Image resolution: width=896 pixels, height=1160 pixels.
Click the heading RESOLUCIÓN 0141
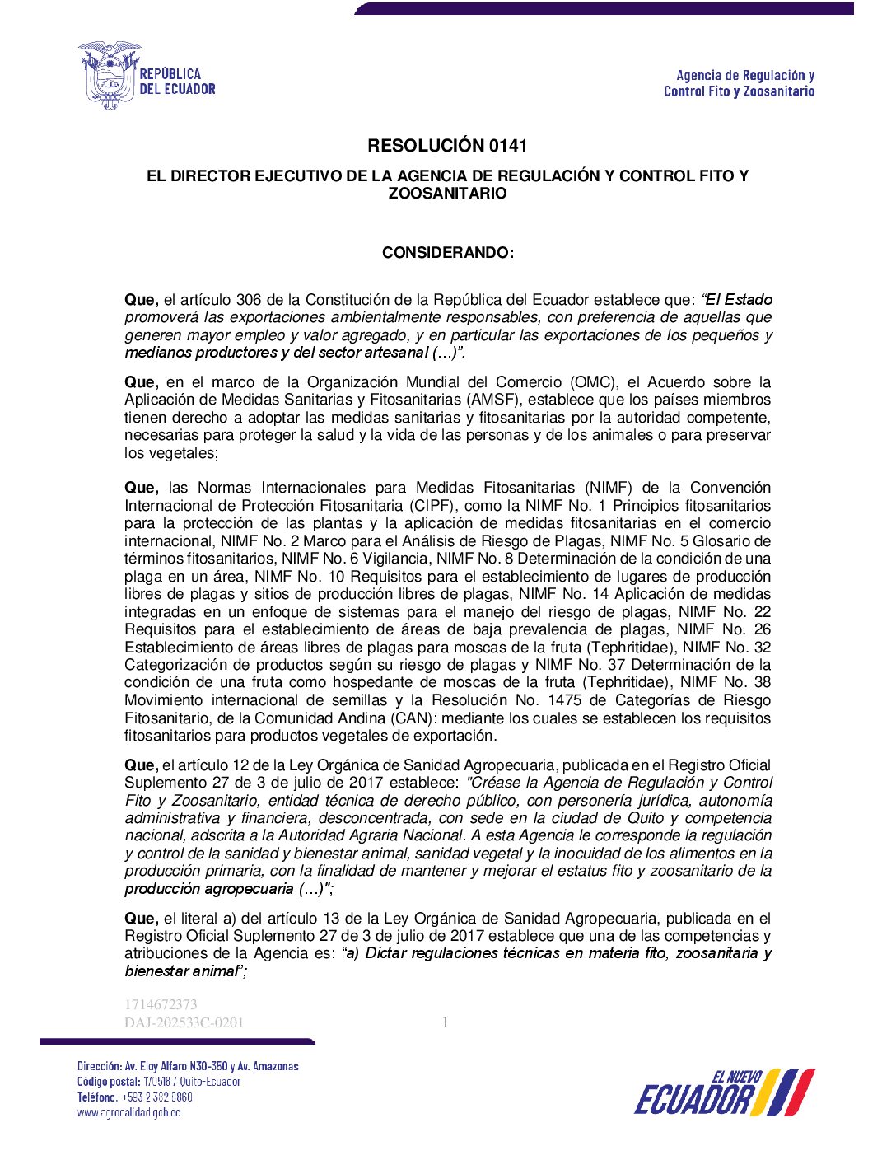(447, 146)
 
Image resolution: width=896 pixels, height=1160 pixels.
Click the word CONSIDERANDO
(446, 253)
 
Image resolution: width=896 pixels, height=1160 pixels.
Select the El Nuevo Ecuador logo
(724, 1093)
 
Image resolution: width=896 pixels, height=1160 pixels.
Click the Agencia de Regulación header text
(739, 83)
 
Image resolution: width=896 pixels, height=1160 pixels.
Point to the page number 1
(446, 1022)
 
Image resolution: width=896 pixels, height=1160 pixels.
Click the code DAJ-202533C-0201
(184, 1022)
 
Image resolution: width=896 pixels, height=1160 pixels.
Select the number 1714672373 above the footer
(161, 1004)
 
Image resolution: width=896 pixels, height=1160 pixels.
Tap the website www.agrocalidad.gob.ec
(129, 1112)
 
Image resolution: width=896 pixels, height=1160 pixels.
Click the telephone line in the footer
(135, 1097)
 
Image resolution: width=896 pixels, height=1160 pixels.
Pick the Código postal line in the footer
(159, 1082)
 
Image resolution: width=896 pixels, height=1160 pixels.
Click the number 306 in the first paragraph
(250, 300)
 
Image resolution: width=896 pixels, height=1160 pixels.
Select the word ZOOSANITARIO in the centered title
(447, 194)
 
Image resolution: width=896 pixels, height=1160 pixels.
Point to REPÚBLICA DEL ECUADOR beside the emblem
(177, 82)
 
